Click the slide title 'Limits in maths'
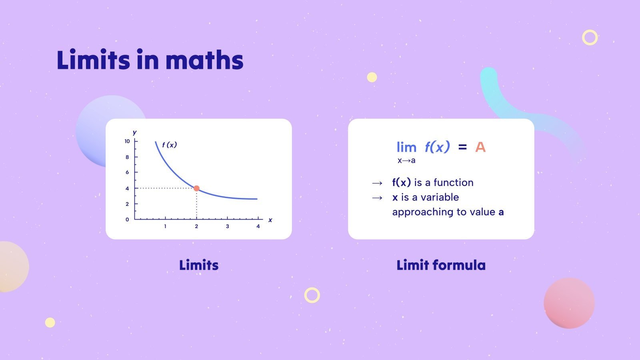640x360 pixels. [x=150, y=60]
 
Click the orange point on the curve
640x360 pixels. [x=196, y=188]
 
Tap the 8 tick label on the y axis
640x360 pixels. [x=127, y=157]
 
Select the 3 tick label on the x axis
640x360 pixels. [x=227, y=226]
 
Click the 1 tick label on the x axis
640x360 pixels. [x=165, y=226]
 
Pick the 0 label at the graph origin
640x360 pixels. [x=127, y=220]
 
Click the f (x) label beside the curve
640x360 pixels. [x=170, y=145]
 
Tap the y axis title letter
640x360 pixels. [x=135, y=132]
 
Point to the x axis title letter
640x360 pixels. [x=270, y=220]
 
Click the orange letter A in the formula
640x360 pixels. [x=480, y=147]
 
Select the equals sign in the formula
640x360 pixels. [x=462, y=147]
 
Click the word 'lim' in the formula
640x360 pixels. [x=406, y=147]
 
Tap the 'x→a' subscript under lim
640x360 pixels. [x=406, y=161]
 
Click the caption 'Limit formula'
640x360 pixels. [x=441, y=265]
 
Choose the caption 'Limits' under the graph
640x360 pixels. [x=199, y=265]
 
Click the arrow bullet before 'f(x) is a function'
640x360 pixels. [x=377, y=183]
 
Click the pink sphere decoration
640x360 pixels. [x=569, y=303]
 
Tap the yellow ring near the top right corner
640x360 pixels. [x=590, y=37]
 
